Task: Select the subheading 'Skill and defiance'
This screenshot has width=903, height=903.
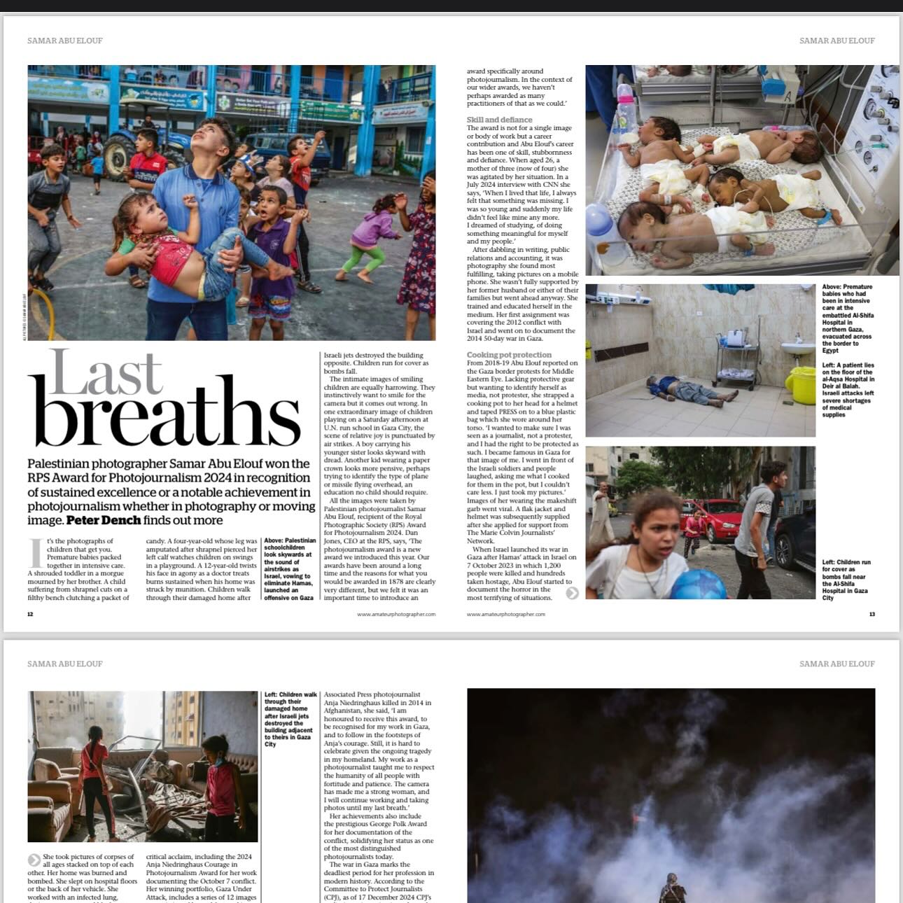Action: click(499, 120)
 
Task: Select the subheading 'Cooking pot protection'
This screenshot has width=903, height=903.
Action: click(509, 355)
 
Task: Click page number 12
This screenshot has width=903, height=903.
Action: click(30, 615)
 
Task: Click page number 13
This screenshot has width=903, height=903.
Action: click(871, 615)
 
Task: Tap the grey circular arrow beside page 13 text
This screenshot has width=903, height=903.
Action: click(572, 593)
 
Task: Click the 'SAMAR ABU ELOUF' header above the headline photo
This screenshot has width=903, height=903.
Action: click(64, 41)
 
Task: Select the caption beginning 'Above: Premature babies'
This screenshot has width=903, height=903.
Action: click(848, 318)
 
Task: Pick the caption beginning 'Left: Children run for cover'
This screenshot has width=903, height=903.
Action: click(846, 580)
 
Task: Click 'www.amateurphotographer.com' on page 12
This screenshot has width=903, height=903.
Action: click(395, 615)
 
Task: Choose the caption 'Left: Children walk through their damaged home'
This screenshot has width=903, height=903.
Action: click(290, 720)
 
